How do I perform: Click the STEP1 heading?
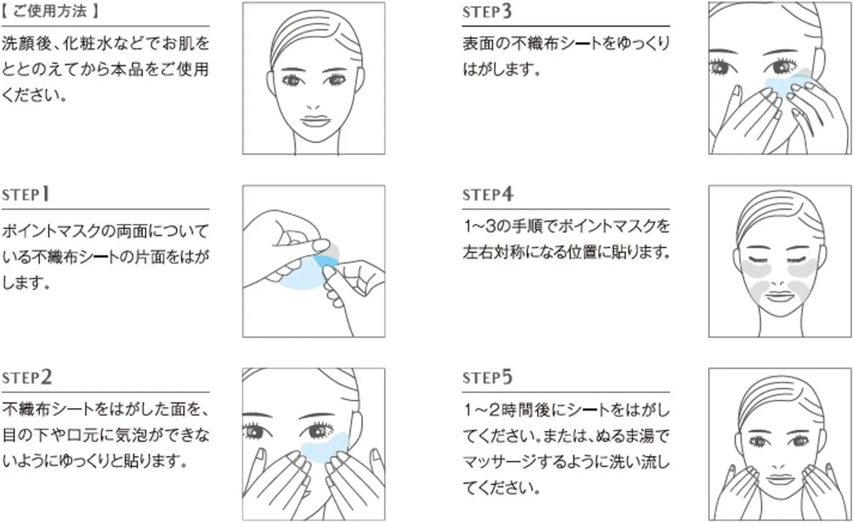tap(25, 194)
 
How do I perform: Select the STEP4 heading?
tap(488, 194)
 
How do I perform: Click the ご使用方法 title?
tap(50, 11)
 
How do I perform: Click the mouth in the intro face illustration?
tap(315, 121)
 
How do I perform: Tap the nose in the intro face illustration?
tap(313, 107)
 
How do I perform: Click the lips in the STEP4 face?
tap(780, 296)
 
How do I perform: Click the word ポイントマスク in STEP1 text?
tap(52, 231)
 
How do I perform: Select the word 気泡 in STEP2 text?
tap(131, 435)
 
